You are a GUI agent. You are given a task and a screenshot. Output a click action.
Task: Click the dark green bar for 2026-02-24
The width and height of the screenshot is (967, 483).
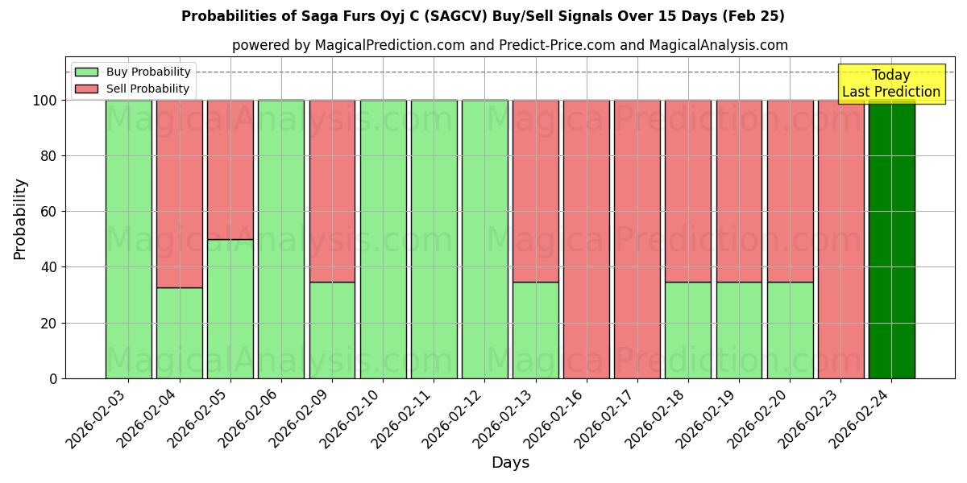click(891, 239)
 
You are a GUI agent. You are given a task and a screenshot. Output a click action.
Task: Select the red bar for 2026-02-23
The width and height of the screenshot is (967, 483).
click(840, 239)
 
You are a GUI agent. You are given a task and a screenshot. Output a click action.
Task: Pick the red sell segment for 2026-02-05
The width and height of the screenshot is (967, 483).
click(230, 169)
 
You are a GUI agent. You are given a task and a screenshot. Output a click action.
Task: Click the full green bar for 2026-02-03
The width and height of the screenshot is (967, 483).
click(129, 239)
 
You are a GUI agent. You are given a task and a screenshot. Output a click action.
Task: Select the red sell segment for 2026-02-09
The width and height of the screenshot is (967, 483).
click(332, 191)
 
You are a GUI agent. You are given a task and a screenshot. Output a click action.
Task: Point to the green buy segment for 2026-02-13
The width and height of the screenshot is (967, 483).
click(536, 330)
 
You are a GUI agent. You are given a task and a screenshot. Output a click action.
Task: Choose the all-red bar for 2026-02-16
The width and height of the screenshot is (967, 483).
click(587, 239)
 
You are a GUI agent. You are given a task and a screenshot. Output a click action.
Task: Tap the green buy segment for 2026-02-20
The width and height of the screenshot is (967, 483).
click(790, 330)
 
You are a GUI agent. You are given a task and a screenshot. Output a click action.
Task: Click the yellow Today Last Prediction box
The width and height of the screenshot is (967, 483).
click(890, 84)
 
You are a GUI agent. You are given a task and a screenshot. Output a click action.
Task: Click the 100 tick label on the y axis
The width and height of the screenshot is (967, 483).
click(44, 101)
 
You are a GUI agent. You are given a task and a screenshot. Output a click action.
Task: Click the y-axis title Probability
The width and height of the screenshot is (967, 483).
click(20, 219)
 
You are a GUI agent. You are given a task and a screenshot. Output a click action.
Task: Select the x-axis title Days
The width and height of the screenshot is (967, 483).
click(510, 463)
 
